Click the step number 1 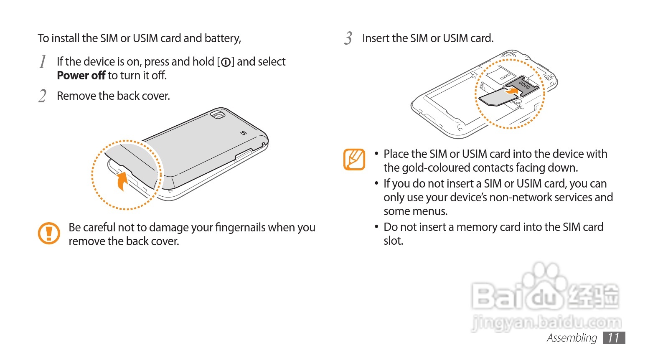point(43,62)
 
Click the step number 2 point(42,96)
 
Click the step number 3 point(348,38)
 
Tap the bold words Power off point(81,76)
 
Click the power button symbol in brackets point(226,62)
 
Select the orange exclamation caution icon point(49,233)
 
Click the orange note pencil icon point(354,160)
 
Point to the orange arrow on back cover point(122,181)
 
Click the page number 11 point(614,338)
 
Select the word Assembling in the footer point(572,338)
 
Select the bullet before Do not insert point(376,227)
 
